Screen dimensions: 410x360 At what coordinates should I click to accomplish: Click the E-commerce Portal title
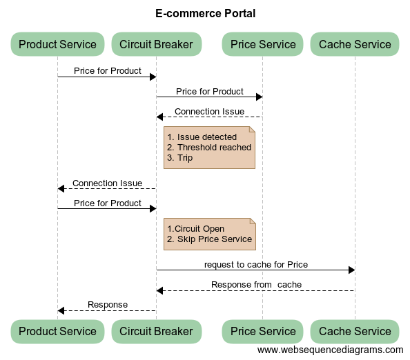tap(205, 13)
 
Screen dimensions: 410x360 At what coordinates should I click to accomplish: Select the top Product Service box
tap(57, 44)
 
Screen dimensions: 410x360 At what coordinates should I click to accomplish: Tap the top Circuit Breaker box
tap(157, 44)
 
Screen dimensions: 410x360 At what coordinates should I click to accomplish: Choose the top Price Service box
tap(263, 44)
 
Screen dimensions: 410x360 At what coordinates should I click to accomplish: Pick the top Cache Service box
tap(355, 44)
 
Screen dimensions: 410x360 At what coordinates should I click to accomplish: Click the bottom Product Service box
tap(57, 331)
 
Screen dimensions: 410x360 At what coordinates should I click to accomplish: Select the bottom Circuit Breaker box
tap(157, 331)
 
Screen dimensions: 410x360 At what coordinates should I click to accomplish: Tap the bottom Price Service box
tap(263, 331)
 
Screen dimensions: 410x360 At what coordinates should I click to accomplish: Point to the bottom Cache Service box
tap(355, 331)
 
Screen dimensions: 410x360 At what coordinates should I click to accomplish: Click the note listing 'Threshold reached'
tap(209, 148)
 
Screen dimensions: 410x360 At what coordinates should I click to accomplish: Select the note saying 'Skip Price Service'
tap(210, 234)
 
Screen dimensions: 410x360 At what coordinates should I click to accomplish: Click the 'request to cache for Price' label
tap(256, 265)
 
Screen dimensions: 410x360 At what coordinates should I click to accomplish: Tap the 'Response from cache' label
tap(256, 285)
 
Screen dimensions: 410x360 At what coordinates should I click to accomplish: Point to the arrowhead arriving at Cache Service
tap(352, 270)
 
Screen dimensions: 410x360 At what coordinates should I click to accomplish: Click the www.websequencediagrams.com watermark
tap(330, 350)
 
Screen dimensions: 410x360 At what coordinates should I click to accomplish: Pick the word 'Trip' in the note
tap(185, 158)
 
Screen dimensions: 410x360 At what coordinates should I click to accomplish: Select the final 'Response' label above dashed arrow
tap(108, 305)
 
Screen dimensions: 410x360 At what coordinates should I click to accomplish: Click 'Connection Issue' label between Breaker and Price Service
tap(209, 112)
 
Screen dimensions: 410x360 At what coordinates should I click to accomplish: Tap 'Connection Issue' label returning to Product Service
tap(107, 183)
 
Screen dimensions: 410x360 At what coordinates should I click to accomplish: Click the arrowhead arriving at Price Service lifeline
tap(260, 97)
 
